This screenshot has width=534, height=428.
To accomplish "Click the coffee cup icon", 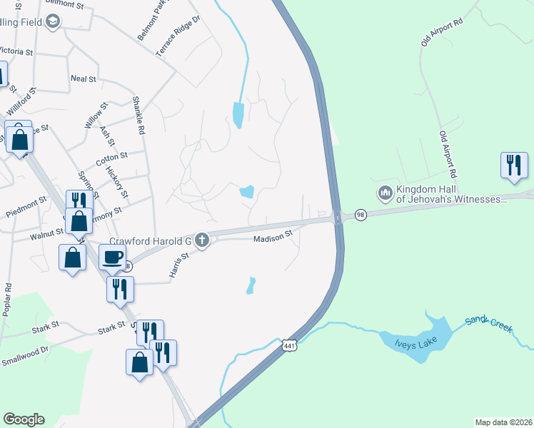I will pos(111,257).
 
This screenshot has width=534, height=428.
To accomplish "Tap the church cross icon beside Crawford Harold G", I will pos(202,240).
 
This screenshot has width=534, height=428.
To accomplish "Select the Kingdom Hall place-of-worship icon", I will pos(386,193).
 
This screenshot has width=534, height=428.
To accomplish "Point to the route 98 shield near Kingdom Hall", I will pos(361,215).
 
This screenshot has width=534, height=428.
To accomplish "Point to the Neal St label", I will pos(83,78).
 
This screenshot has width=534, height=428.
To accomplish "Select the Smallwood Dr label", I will pos(24,350).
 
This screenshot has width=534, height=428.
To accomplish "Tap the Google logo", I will pos(24,419).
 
